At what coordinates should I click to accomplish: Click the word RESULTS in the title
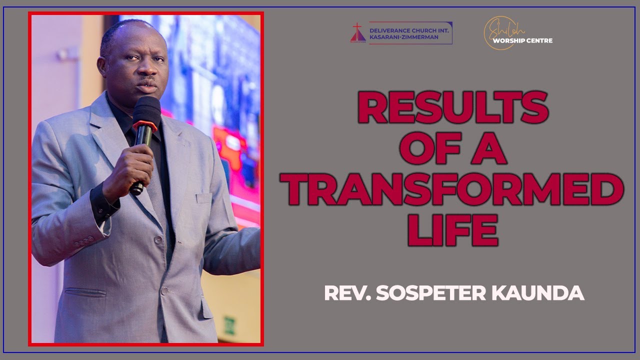(x=452, y=109)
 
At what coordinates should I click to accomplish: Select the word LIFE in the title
(x=452, y=231)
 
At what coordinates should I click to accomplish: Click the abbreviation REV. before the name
(x=347, y=293)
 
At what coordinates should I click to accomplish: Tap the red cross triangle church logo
(x=358, y=32)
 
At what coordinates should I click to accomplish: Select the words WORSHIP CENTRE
(x=522, y=40)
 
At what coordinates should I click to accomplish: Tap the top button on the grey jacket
(x=158, y=240)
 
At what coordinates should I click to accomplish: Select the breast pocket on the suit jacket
(x=204, y=198)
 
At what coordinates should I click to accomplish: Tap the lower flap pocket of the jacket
(x=80, y=291)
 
